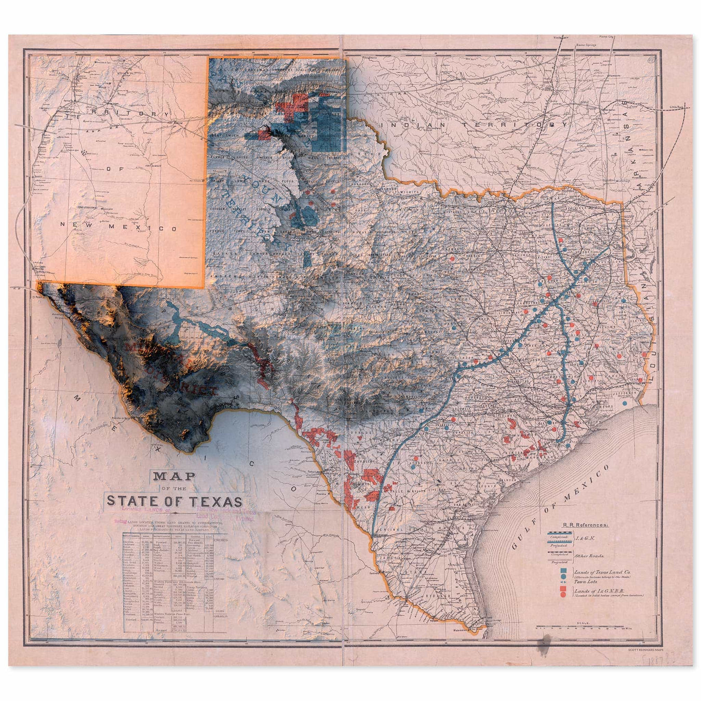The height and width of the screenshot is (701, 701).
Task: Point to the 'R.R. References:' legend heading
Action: [586, 525]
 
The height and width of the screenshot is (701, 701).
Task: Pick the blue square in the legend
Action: [563, 571]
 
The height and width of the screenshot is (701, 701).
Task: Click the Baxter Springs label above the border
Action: [586, 45]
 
